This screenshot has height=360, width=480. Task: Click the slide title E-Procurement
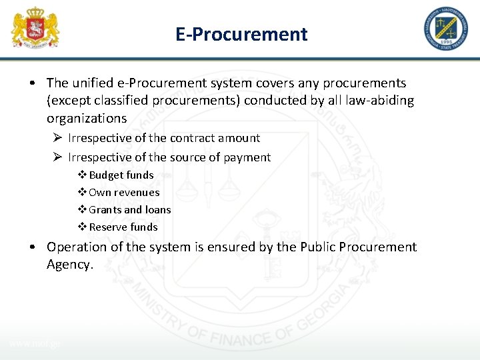[241, 34]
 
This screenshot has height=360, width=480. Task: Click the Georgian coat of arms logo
[35, 28]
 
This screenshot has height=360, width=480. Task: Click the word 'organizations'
[87, 118]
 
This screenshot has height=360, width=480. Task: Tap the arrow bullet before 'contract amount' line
[58, 138]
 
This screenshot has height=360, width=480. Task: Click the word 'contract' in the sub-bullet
[193, 138]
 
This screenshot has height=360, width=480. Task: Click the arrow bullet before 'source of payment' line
[58, 157]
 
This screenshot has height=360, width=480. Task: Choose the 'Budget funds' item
[121, 175]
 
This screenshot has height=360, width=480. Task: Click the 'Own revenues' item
[124, 192]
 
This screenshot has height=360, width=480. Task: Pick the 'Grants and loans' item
[129, 209]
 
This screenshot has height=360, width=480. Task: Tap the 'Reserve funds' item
[123, 227]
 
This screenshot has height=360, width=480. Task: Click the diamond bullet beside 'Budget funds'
[83, 175]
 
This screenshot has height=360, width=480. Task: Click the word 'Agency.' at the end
[69, 264]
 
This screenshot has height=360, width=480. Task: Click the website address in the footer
[35, 343]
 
